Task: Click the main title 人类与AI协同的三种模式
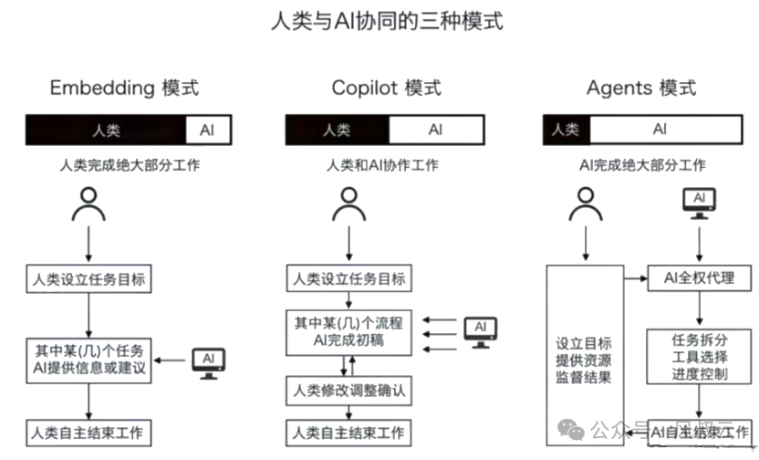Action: click(387, 20)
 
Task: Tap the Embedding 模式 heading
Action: click(124, 89)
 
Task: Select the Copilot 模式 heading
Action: click(386, 89)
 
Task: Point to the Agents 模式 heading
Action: click(640, 89)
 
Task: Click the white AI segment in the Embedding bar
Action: click(209, 130)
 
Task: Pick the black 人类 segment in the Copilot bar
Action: click(337, 130)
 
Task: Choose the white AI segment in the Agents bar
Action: click(660, 130)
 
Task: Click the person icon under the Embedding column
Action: click(88, 204)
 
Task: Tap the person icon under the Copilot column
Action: click(348, 204)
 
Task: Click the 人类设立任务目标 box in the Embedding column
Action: click(88, 278)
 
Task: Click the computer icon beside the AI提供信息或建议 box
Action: click(208, 362)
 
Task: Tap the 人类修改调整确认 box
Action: click(348, 392)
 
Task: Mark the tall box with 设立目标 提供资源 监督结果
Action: click(584, 360)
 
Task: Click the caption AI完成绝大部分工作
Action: click(642, 165)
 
